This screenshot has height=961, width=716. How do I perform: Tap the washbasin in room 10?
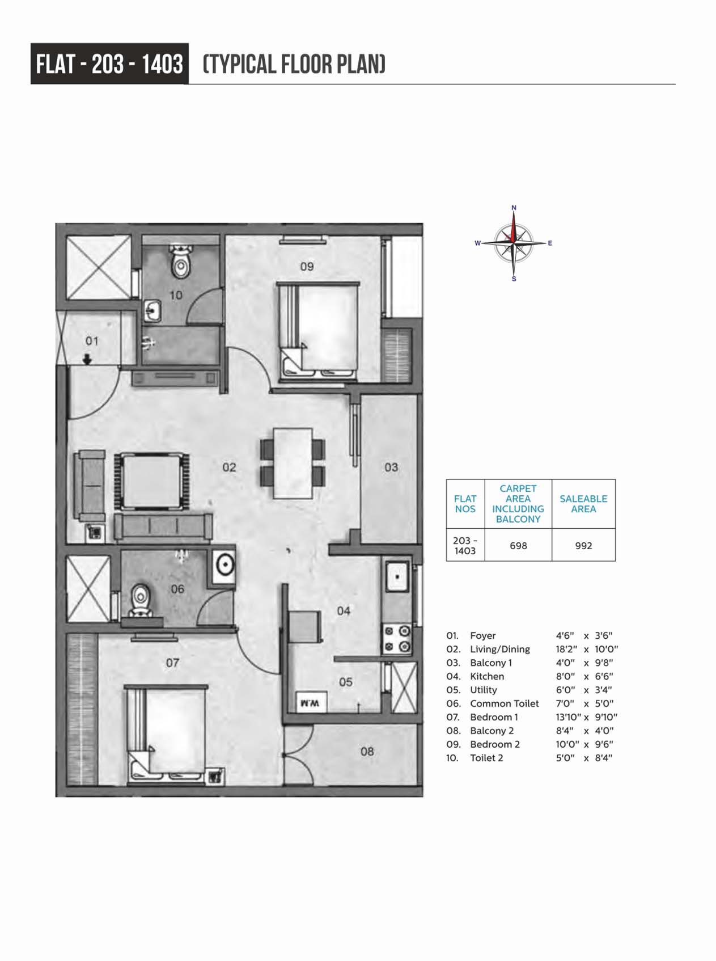(152, 310)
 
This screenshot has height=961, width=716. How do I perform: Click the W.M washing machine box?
(310, 702)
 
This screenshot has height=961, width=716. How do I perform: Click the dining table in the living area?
(293, 463)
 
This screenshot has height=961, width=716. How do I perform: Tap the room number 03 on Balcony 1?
(391, 467)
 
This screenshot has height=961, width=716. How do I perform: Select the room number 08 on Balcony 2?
(367, 752)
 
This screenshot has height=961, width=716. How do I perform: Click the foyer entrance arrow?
(87, 359)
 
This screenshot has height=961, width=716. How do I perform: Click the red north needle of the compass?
(514, 227)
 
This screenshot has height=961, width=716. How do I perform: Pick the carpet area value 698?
(518, 546)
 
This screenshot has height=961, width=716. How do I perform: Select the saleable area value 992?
(583, 546)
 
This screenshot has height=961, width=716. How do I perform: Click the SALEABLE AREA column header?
(583, 504)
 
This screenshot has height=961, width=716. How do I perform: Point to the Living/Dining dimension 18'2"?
(566, 649)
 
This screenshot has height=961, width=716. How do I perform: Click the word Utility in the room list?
(484, 690)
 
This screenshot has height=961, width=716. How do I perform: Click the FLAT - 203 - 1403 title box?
(109, 64)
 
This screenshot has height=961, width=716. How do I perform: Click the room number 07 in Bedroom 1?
(172, 663)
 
